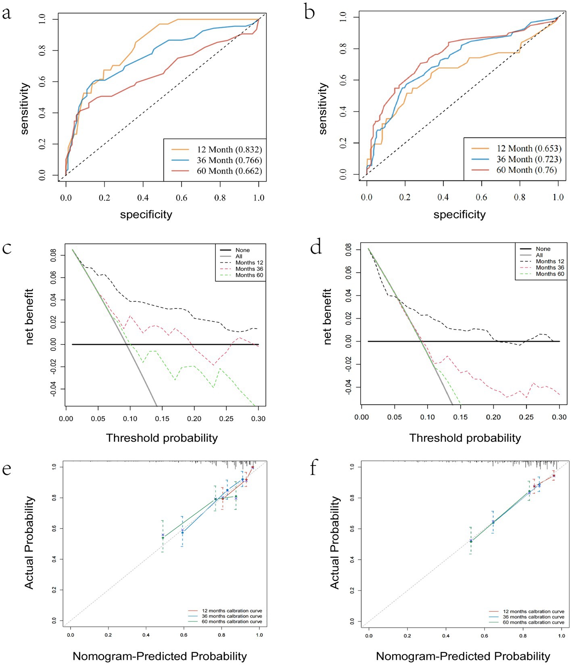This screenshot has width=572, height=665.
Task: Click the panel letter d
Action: pos(316,247)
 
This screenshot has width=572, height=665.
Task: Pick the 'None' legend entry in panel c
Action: pos(242,250)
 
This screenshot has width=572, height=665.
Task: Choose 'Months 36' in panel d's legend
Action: pos(550,268)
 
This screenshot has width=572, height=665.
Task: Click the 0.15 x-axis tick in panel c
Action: pos(162,419)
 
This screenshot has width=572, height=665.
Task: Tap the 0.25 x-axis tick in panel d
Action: pos(526,417)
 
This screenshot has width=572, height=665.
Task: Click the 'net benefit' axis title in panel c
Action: pos(29,317)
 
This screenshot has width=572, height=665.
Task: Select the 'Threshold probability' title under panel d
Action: pos(465,438)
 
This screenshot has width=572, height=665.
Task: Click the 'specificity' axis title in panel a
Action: pos(146,214)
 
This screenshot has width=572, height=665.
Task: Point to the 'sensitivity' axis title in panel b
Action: pos(323,108)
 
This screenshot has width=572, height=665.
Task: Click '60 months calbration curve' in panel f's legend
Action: pos(533,622)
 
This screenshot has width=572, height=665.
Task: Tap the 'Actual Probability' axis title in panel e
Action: pos(29,543)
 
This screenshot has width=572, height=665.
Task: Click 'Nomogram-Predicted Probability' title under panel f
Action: pos(463,656)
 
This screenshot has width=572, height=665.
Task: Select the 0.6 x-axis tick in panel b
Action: pos(481,197)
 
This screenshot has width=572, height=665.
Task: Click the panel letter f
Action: pos(314,469)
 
